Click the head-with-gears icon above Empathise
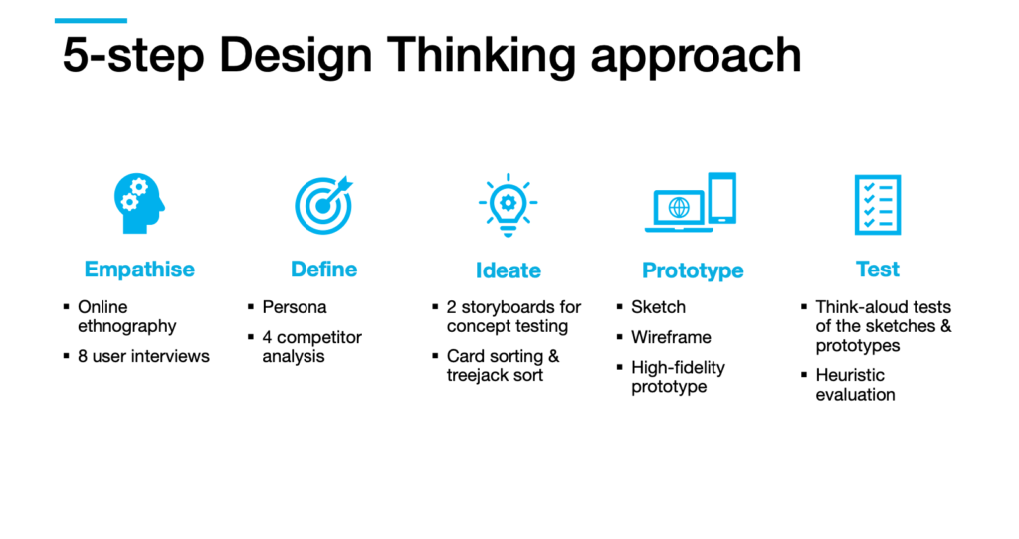pos(139,203)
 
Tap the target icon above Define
pos(323,205)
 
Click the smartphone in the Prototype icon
pos(722,198)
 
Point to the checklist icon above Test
pos(878,205)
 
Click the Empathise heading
pos(139,269)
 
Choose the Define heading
pos(323,269)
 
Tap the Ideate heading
pos(509,270)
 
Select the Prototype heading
pos(693,270)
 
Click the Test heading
pos(878,269)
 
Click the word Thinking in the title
pos(482,55)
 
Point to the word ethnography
pos(126,326)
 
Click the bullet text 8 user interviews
pos(143,356)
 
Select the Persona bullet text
pos(295,307)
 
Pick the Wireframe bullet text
pos(671,337)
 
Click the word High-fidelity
pos(678,368)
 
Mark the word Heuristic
pos(850,375)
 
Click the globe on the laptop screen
pos(679,207)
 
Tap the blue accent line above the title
pos(91,21)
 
